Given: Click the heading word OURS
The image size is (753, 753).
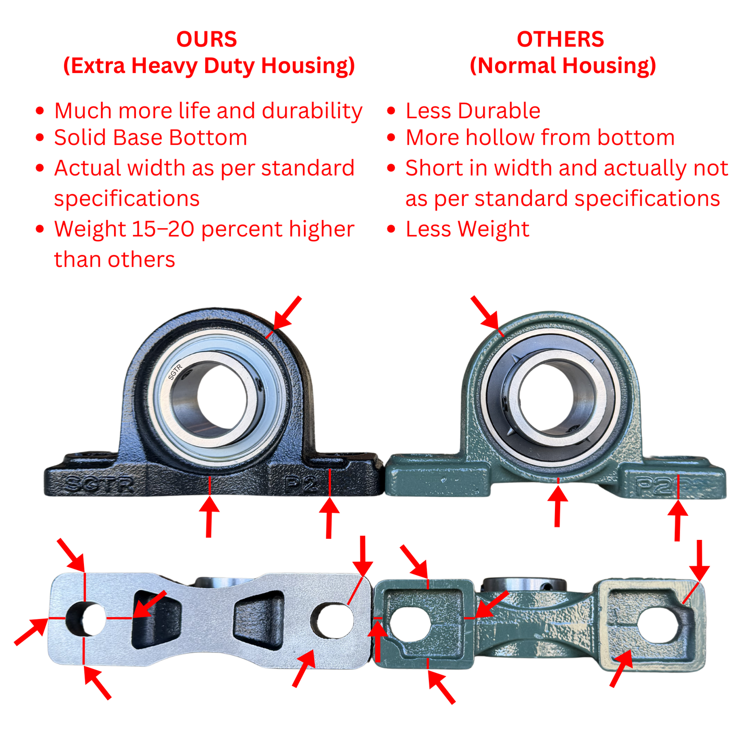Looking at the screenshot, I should click(x=206, y=40).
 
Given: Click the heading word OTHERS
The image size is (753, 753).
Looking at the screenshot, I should click(x=560, y=40).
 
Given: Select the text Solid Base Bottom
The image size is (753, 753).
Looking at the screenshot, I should click(x=151, y=138).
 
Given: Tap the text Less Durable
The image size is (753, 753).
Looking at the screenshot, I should click(x=473, y=111).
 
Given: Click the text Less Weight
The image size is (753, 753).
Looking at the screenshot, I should click(x=467, y=229).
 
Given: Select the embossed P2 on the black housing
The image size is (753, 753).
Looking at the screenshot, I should click(x=301, y=484).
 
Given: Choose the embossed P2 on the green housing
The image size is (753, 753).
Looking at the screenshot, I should click(x=654, y=486).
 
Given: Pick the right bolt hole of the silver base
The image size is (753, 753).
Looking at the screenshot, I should click(x=331, y=620).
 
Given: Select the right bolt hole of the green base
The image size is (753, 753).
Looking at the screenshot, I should click(x=659, y=625).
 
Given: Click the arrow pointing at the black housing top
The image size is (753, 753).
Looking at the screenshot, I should click(x=286, y=313).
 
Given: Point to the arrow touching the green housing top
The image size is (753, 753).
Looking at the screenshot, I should click(x=485, y=313).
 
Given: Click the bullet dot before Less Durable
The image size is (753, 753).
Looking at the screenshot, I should click(x=391, y=111).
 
